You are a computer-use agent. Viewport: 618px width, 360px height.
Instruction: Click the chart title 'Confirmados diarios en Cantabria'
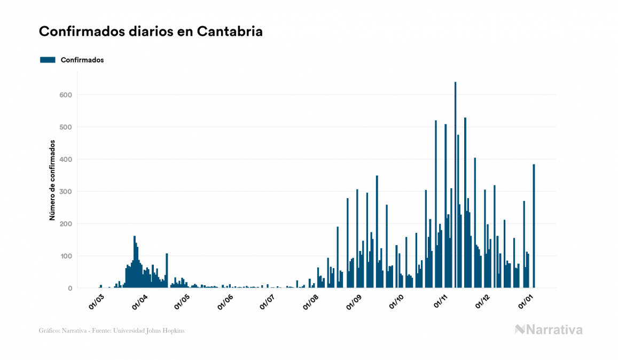tap(151, 32)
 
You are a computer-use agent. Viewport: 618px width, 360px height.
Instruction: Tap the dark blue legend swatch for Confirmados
tap(48, 60)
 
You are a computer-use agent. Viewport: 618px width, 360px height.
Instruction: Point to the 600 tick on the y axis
tap(66, 95)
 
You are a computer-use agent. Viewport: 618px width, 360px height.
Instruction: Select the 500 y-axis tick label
tap(66, 127)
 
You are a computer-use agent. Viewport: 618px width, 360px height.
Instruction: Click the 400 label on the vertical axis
tap(66, 160)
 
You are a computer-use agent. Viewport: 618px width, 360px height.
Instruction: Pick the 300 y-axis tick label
tap(66, 192)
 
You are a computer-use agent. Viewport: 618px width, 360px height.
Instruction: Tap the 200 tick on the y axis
tap(66, 224)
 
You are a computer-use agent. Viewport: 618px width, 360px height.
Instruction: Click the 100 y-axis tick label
tap(66, 256)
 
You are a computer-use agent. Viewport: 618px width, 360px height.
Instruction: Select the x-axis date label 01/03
tap(96, 302)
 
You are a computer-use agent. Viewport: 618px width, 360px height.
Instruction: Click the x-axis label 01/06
tap(225, 302)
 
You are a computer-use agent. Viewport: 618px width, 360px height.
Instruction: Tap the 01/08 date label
tap(311, 302)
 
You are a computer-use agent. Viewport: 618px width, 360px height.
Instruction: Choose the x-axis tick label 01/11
tap(441, 302)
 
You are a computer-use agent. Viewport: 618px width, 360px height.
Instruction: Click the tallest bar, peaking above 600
tap(455, 187)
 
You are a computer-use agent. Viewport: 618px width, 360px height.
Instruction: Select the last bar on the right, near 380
tap(534, 227)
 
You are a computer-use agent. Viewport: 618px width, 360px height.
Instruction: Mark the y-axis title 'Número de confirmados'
tap(52, 181)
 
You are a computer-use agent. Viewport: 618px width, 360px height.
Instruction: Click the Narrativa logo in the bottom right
tap(549, 330)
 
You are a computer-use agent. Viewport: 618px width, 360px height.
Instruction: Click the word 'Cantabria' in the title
tap(230, 32)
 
